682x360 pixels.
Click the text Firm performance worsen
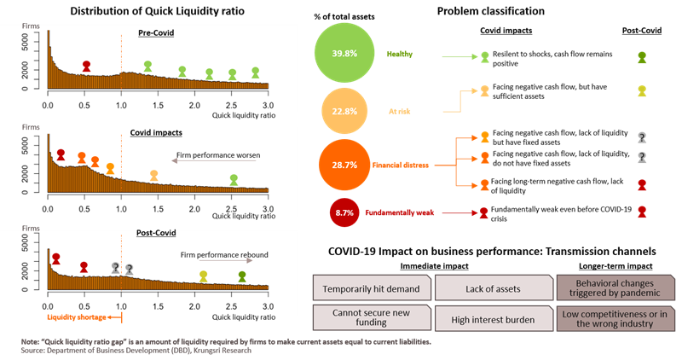pyautogui.click(x=217, y=155)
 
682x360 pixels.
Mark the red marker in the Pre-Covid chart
pyautogui.click(x=86, y=66)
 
